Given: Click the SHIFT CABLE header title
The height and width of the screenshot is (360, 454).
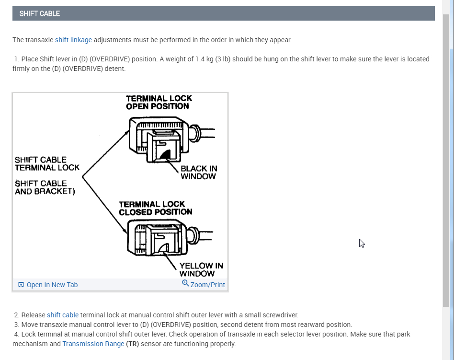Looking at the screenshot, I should pyautogui.click(x=40, y=13).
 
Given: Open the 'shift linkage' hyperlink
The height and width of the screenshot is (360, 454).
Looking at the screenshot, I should pyautogui.click(x=73, y=40).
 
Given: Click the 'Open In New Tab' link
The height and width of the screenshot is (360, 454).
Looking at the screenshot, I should pyautogui.click(x=52, y=285).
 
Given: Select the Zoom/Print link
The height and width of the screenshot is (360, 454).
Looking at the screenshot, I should pyautogui.click(x=207, y=285).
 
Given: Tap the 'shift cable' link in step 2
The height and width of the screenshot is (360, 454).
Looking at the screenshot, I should pyautogui.click(x=63, y=315).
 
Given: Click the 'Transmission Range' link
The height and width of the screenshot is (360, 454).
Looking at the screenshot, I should pyautogui.click(x=93, y=344).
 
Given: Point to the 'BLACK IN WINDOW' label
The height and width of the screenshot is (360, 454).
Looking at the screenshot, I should pyautogui.click(x=198, y=172).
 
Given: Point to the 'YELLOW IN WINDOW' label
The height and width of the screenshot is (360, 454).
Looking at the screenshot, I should pyautogui.click(x=201, y=269).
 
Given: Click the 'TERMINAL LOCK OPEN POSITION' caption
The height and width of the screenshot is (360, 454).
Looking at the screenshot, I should pyautogui.click(x=159, y=102).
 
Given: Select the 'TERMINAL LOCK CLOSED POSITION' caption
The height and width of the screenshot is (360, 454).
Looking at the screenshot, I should pyautogui.click(x=155, y=208).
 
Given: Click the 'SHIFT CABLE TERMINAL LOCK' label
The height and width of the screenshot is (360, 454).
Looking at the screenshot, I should pyautogui.click(x=47, y=163).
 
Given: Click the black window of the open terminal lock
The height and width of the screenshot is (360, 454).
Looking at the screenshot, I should pyautogui.click(x=166, y=154).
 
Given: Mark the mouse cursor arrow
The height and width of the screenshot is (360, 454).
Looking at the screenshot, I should pyautogui.click(x=362, y=243).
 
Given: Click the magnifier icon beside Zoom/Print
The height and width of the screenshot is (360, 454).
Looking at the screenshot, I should pyautogui.click(x=185, y=283).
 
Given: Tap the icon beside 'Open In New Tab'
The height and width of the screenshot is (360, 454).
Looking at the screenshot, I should pyautogui.click(x=21, y=285).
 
